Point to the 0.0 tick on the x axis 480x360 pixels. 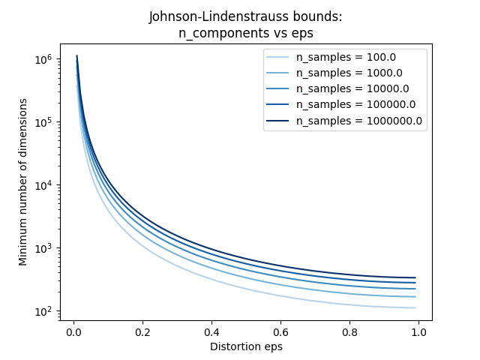click(73, 332)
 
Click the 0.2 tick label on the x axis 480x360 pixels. click(142, 332)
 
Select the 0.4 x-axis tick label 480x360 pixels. click(211, 332)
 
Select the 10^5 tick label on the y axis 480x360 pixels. click(43, 122)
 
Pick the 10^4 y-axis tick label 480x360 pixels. click(43, 185)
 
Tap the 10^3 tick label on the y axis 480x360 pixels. click(43, 248)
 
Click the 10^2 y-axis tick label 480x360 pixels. click(43, 311)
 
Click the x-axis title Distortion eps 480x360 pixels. click(246, 346)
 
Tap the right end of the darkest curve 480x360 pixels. click(415, 278)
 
